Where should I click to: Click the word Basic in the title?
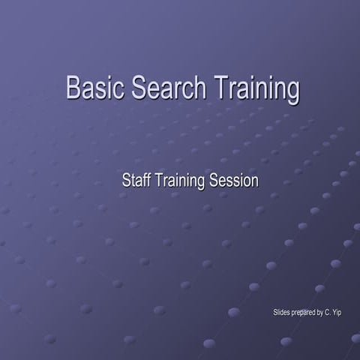coord(96,88)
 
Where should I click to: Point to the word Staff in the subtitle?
coord(136,181)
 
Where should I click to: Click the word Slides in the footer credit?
coord(283,311)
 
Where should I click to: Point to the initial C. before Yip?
coord(328,311)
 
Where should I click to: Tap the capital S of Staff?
coord(126,181)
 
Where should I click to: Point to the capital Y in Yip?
coord(334,311)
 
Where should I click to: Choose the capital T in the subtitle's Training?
coord(158,181)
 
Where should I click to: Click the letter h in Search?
coord(197,88)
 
